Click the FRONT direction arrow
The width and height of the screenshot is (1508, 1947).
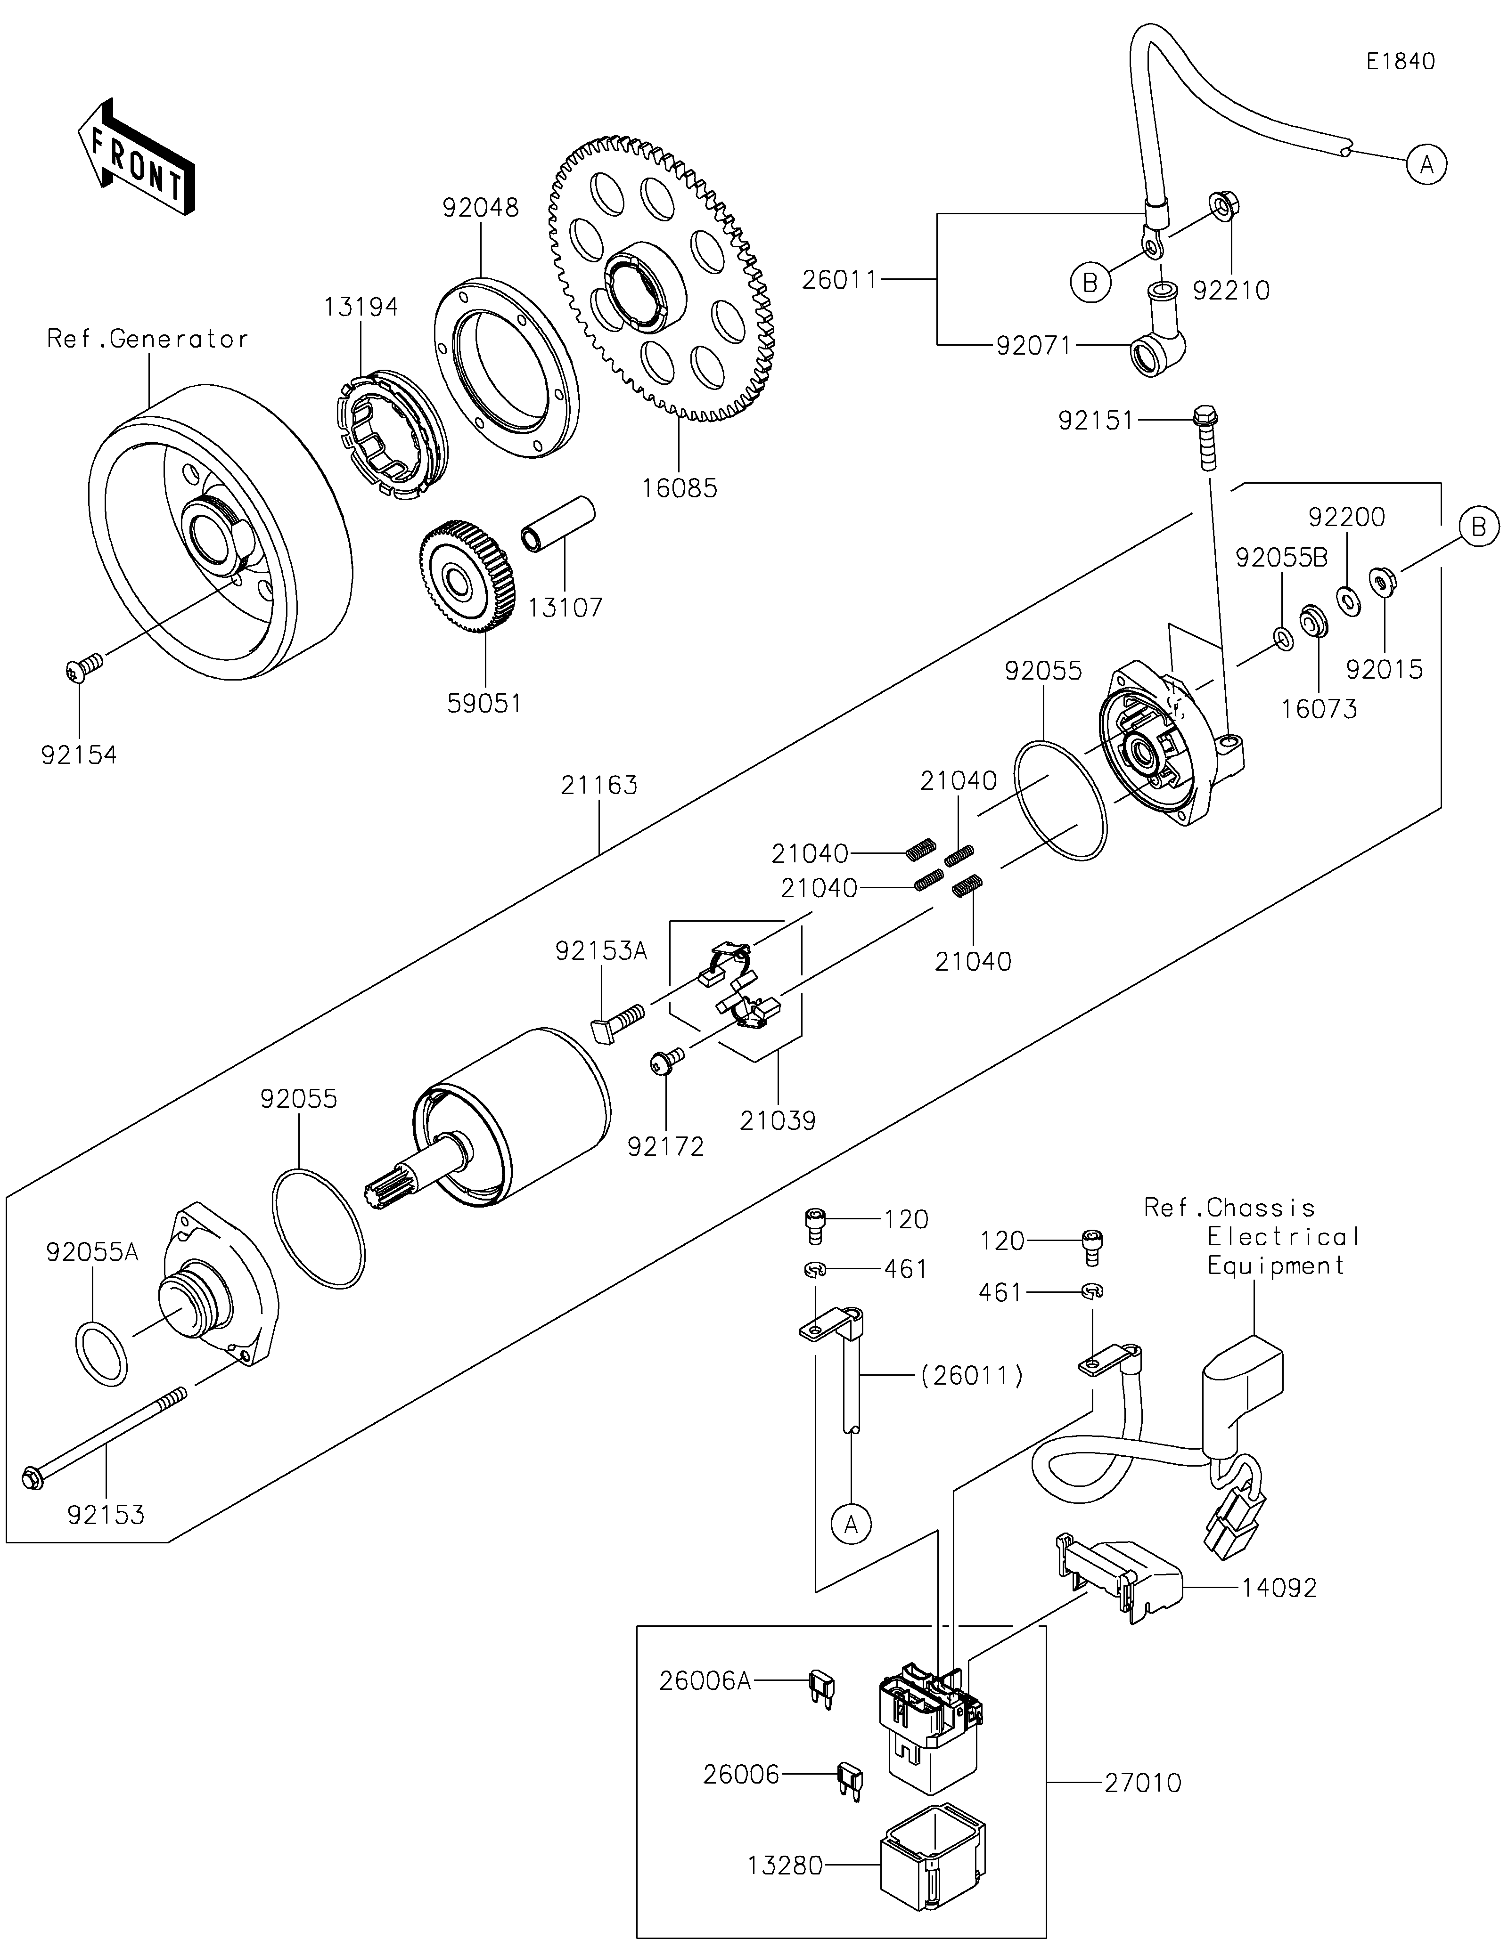coord(136,156)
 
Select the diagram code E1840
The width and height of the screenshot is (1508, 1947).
coord(1400,62)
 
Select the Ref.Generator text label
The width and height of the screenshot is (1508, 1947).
coord(147,339)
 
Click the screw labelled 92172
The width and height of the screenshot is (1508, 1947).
coord(667,1060)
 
